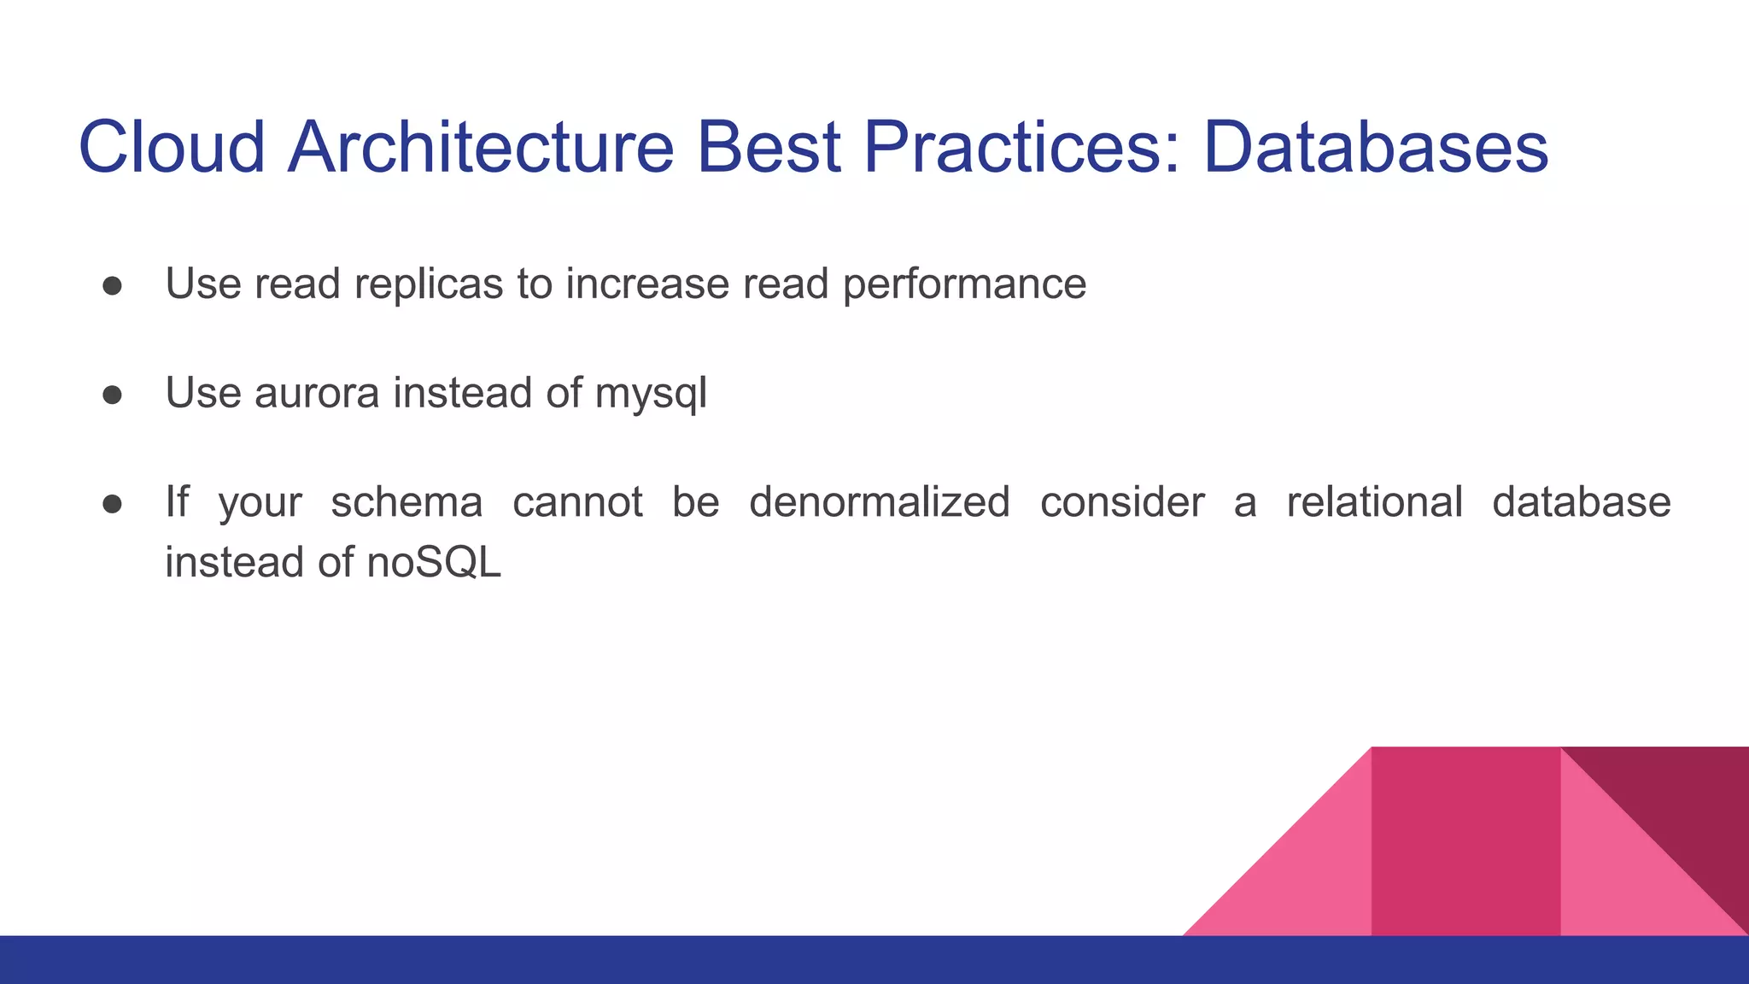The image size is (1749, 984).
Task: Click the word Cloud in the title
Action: coord(172,147)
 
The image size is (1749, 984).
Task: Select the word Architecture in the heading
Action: coord(481,147)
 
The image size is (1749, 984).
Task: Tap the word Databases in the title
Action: coord(1375,147)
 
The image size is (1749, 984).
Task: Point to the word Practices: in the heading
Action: coord(1021,147)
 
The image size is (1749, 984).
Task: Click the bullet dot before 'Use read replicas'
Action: coord(113,285)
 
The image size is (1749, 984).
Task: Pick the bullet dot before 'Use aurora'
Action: coord(113,395)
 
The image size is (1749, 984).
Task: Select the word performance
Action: coord(964,284)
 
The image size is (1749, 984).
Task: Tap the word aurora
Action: coord(316,394)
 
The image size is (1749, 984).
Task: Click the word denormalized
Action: coord(880,502)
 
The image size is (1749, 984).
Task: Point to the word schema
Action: coord(407,502)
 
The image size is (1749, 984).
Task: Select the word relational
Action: coord(1374,502)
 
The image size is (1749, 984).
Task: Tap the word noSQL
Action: coord(434,563)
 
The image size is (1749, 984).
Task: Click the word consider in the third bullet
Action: coord(1121,502)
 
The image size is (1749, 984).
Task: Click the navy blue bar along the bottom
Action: coord(874,960)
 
